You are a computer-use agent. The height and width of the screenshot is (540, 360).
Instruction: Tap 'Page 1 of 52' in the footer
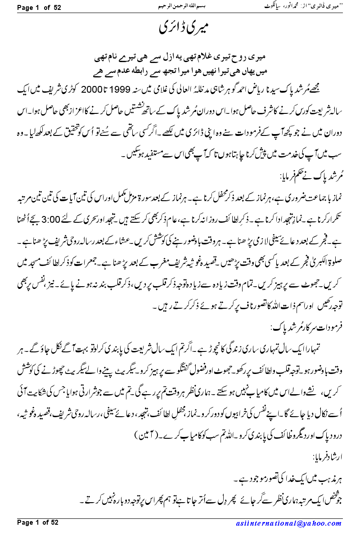(38, 522)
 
